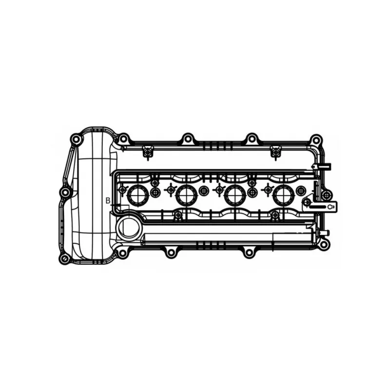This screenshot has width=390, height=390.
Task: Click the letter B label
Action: [x=108, y=200]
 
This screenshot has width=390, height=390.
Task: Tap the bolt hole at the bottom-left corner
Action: [x=65, y=258]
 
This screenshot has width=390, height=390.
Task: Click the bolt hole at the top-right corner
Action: [x=315, y=140]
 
